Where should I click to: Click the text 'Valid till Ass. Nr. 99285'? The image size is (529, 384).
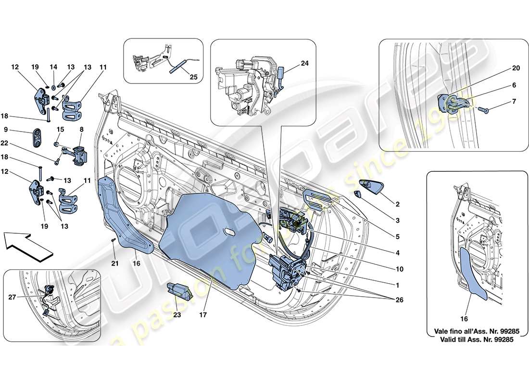tap(474, 339)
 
